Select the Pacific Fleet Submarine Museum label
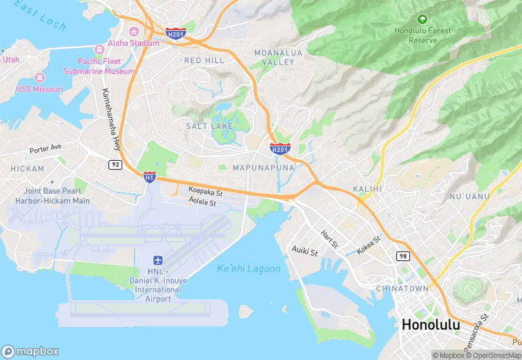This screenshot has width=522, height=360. point(99,66)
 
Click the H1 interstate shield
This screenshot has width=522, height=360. point(149,177)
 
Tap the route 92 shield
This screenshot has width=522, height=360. point(115,164)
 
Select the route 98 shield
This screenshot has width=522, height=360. point(402,256)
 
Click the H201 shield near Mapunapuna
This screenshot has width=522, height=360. point(280,148)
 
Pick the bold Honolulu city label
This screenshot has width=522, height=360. point(435,325)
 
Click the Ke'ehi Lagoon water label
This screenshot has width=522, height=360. point(248,269)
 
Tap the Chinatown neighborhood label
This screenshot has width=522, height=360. point(402,289)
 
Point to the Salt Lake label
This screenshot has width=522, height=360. point(209,126)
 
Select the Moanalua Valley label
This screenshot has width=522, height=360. point(274,57)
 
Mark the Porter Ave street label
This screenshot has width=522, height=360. point(45,148)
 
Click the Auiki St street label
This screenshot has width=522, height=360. point(305,251)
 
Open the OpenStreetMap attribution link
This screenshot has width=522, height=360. point(492,355)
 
